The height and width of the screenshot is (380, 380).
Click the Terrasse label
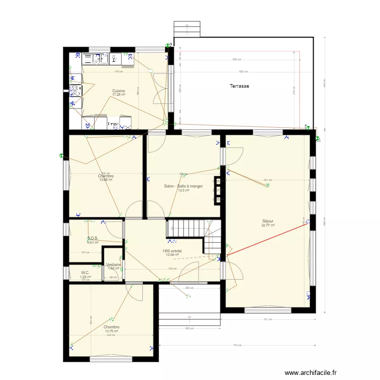239,86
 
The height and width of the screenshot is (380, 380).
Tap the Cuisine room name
119,91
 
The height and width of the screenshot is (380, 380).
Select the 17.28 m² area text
119,95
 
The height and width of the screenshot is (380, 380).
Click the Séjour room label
268,221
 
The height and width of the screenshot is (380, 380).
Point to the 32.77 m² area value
268,225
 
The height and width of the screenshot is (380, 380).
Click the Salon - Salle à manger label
183,186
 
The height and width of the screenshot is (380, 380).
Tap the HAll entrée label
172,251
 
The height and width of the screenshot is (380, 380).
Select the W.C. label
85,273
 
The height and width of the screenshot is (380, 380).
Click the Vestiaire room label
113,264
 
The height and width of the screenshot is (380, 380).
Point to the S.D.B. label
93,238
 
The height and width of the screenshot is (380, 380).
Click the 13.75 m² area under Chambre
111,331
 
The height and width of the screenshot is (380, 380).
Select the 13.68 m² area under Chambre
106,180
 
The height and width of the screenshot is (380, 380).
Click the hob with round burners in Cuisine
75,91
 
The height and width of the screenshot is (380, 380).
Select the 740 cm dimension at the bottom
236,346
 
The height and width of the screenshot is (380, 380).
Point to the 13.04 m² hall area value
172,255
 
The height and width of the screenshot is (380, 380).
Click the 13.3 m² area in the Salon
183,191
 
